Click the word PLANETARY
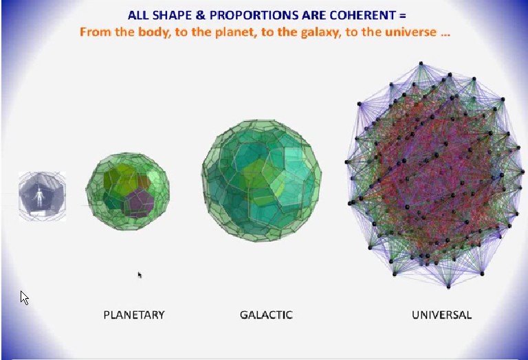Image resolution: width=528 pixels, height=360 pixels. (134, 315)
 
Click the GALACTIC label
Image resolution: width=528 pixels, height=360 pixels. (266, 315)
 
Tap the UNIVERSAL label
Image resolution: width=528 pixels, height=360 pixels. (442, 315)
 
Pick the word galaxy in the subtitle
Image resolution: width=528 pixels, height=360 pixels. (320, 33)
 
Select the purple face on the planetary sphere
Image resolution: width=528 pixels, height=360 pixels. (139, 202)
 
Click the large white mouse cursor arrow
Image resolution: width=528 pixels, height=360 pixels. (24, 297)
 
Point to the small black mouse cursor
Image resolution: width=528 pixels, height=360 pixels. (140, 275)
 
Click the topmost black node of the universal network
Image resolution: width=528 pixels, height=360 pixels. (421, 63)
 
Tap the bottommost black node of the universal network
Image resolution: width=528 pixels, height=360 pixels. (448, 287)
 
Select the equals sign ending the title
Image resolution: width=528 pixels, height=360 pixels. (403, 16)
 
